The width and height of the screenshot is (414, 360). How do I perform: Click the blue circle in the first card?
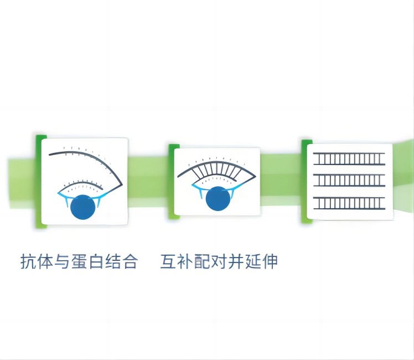[84, 207]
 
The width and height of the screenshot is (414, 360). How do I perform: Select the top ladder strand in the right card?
[349, 159]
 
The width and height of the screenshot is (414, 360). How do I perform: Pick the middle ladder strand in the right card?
[349, 180]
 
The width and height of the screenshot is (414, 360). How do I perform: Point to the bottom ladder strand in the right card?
[349, 203]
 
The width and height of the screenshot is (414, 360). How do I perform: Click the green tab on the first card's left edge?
[38, 181]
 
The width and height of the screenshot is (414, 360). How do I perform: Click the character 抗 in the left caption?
[28, 261]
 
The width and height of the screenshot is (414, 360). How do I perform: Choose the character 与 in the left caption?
[61, 261]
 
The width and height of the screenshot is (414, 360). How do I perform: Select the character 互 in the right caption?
[168, 261]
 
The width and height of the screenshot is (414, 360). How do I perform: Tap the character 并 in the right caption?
[236, 261]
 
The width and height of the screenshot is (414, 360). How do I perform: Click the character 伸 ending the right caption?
[270, 261]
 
